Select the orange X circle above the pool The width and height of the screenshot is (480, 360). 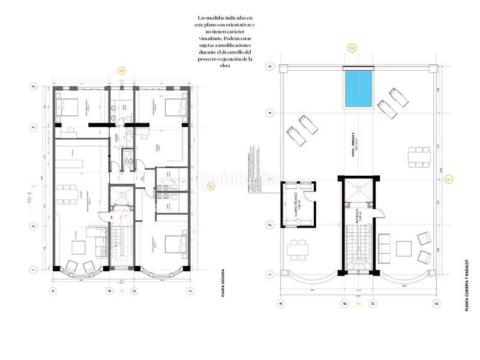[352, 46]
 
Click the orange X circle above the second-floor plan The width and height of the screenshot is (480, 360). [122, 71]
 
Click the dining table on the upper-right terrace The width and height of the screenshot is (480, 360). [419, 157]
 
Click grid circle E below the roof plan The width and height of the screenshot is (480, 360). [436, 304]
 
